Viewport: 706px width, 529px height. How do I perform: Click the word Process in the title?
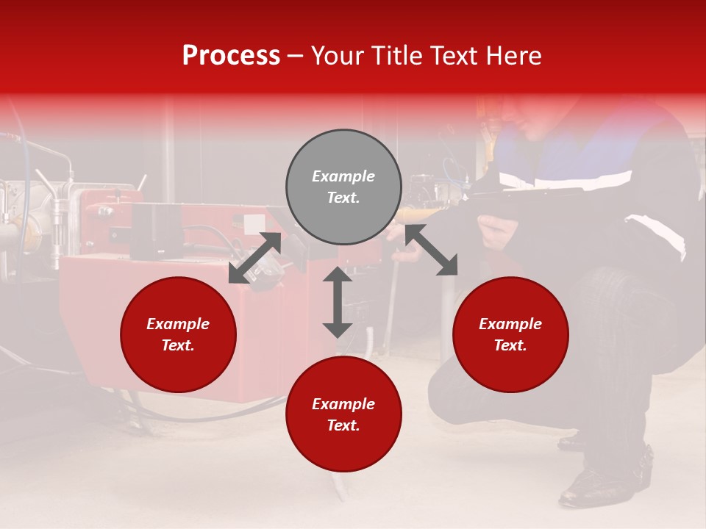tap(231, 56)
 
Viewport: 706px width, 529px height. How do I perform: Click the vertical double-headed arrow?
tap(338, 302)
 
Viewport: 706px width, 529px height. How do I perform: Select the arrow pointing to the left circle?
tap(254, 258)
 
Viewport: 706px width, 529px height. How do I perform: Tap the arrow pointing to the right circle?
tap(432, 251)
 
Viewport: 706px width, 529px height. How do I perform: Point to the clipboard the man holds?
tap(529, 192)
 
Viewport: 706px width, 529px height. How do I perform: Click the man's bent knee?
tap(632, 294)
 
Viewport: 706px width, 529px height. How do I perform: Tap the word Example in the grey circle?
tap(343, 176)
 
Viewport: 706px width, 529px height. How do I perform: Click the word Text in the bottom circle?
tap(343, 425)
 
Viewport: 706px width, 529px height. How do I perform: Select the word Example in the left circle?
tap(178, 324)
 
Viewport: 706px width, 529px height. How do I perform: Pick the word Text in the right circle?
tap(510, 345)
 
